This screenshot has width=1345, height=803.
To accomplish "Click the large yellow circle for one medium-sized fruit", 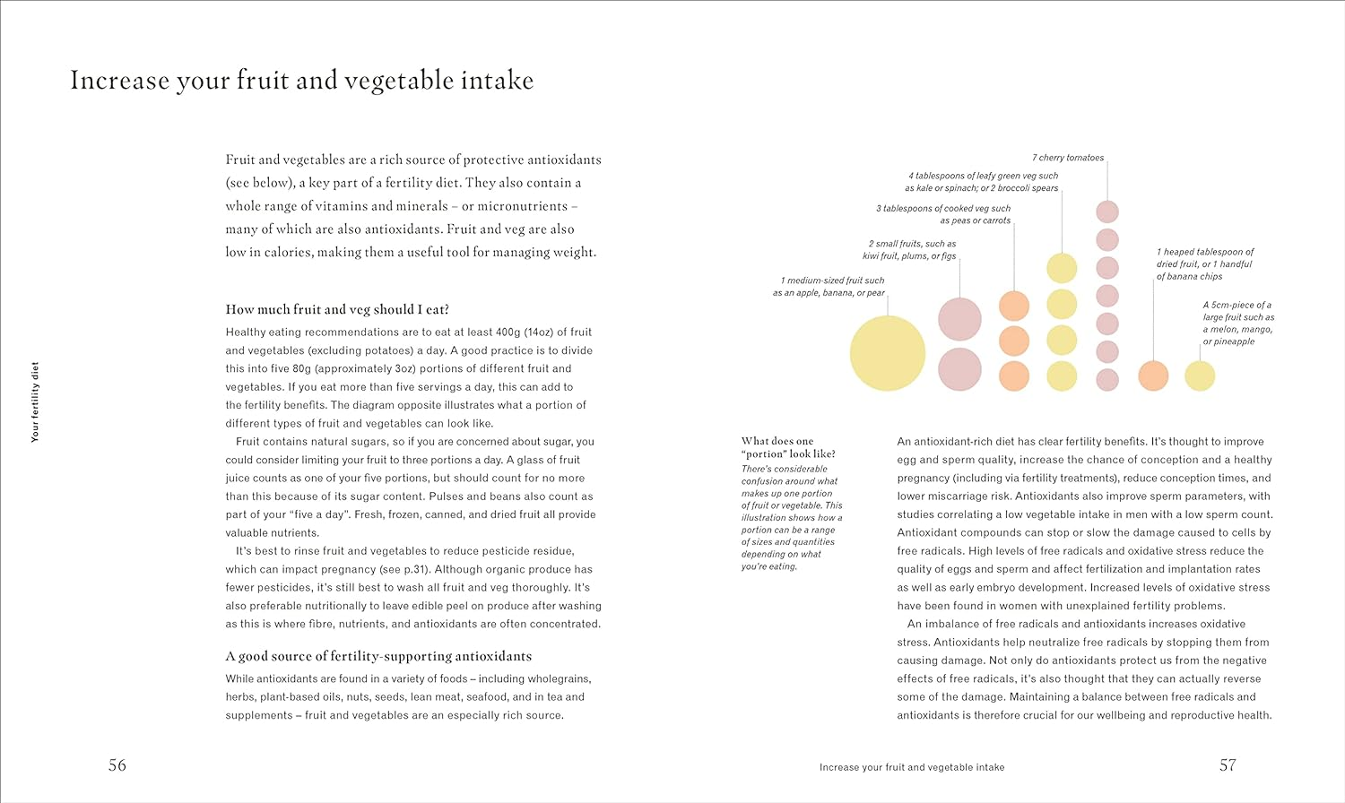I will pos(887,353).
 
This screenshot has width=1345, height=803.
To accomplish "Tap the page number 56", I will pos(117,765).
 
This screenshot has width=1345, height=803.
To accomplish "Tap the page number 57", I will pos(1228,765).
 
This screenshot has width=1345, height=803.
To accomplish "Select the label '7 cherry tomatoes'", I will pos(1067,158).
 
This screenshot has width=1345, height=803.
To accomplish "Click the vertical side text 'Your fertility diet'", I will pos(36,401).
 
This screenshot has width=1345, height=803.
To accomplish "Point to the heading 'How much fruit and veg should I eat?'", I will pos(337,310).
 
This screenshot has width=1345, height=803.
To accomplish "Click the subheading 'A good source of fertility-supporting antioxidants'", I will pos(378,656).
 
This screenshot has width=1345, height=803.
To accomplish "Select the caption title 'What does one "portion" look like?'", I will pos(778,447).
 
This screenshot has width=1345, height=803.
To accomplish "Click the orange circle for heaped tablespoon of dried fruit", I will pos(1153,376).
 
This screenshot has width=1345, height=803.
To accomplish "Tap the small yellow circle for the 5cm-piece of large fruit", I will pos(1200,376).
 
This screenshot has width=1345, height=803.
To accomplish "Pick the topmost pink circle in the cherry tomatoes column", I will pos(1107,212).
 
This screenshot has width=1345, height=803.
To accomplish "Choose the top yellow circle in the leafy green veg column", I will pos(1062,268).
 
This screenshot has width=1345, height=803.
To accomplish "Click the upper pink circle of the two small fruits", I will pos(959,319).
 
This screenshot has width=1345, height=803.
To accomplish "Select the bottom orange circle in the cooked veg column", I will pos(1014,376).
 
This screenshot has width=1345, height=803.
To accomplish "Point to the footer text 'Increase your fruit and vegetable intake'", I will pos(912,767).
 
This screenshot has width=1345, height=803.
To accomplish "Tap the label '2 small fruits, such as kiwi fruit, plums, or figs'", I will pos(909,250).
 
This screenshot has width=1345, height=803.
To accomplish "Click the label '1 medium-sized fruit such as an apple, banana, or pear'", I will pos(829,287).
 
